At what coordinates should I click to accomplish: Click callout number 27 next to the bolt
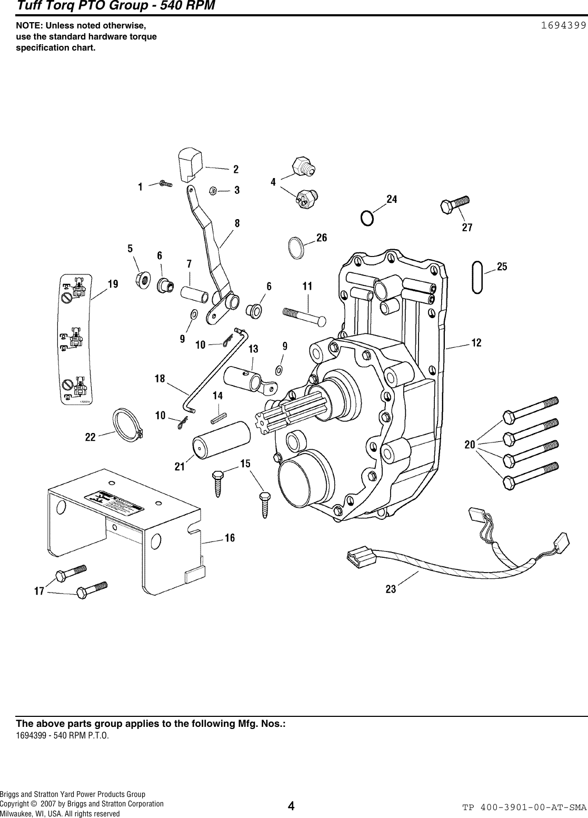pos(467,228)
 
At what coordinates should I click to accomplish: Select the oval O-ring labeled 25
pos(477,277)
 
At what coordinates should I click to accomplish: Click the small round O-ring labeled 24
pos(367,218)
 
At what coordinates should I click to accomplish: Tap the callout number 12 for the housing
pos(476,343)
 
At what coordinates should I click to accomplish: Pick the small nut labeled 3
pos(214,190)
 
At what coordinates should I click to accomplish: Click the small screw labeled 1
pos(166,184)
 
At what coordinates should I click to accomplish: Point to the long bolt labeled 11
pos(305,315)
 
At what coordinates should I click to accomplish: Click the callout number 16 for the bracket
pos(230,538)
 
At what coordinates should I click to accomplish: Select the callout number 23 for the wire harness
pos(391,589)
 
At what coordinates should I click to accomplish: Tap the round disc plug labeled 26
pos(297,248)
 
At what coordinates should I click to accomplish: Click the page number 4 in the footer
pos(291,806)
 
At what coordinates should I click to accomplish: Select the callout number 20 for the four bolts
pos(470,445)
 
